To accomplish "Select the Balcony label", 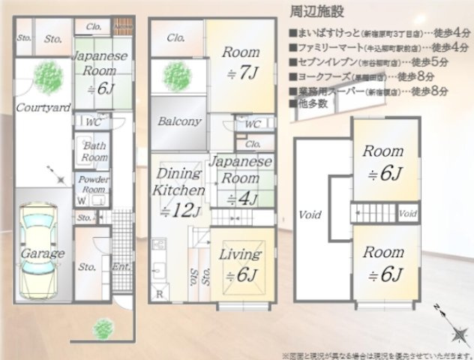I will click(178, 121).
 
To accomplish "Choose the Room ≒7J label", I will click(241, 63).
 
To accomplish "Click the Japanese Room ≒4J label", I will click(240, 180).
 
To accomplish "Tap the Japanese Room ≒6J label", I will click(100, 72).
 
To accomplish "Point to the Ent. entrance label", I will click(118, 266).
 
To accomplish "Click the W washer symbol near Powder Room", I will click(79, 200).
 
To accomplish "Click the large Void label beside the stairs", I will click(310, 214).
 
